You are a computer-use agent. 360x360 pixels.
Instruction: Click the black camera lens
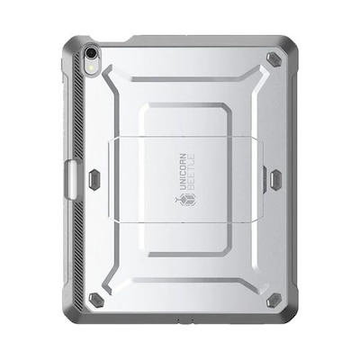point(90,53)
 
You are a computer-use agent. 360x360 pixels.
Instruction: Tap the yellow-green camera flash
point(91,67)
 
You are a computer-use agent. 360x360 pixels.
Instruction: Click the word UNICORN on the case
point(183,172)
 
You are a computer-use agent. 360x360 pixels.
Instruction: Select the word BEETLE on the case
point(191,171)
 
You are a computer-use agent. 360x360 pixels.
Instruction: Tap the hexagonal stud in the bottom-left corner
point(95,300)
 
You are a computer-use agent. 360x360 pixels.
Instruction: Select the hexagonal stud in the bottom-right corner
point(274,300)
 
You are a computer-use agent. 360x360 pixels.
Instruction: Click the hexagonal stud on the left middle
point(95,179)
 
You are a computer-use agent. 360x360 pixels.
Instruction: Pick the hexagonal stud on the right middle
point(275,179)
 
